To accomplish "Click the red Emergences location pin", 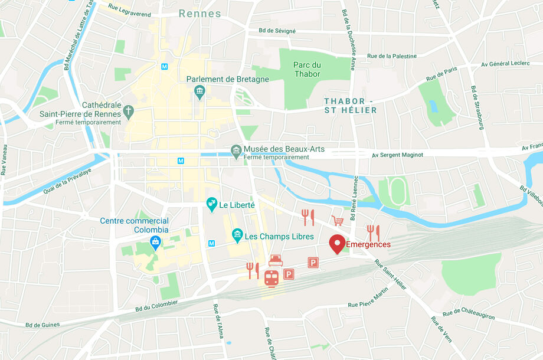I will tap(337, 243).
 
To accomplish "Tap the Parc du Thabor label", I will tap(307, 70).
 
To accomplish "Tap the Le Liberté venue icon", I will tap(211, 205).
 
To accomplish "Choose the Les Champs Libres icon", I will tap(237, 235).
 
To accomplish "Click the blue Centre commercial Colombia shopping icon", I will tap(155, 242).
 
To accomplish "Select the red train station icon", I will tap(271, 278).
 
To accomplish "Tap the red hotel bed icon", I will tap(276, 260).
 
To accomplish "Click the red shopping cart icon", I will tap(338, 221).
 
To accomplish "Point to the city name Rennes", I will tap(199, 14).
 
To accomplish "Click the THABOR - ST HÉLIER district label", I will tap(350, 106).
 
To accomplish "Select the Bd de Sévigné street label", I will tap(277, 31).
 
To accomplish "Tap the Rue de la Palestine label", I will tap(392, 56).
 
